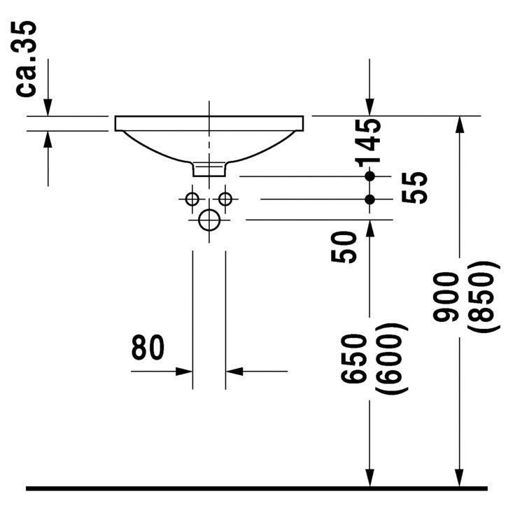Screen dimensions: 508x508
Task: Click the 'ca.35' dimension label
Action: (x=26, y=59)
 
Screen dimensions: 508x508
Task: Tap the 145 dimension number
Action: (x=368, y=143)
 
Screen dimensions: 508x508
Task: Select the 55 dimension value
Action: (x=414, y=188)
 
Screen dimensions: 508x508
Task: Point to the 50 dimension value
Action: (x=344, y=247)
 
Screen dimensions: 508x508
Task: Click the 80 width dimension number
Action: (x=148, y=347)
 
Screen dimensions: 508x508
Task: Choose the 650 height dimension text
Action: (x=354, y=359)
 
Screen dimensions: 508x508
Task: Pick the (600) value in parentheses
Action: (x=390, y=359)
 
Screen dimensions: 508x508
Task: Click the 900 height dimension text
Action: (x=446, y=297)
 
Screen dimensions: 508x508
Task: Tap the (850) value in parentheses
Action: (x=481, y=297)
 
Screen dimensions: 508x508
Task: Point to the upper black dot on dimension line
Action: (x=369, y=176)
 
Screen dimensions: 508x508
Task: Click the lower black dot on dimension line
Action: (x=369, y=199)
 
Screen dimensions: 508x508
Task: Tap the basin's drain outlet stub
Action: (x=209, y=169)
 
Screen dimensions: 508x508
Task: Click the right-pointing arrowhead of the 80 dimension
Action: (x=184, y=372)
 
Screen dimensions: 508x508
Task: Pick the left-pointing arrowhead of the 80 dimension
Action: (x=234, y=372)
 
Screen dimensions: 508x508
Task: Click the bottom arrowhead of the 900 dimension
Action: (x=460, y=477)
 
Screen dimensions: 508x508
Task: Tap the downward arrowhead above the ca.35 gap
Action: (x=48, y=107)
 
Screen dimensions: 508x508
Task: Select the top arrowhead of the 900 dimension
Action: (x=460, y=125)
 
